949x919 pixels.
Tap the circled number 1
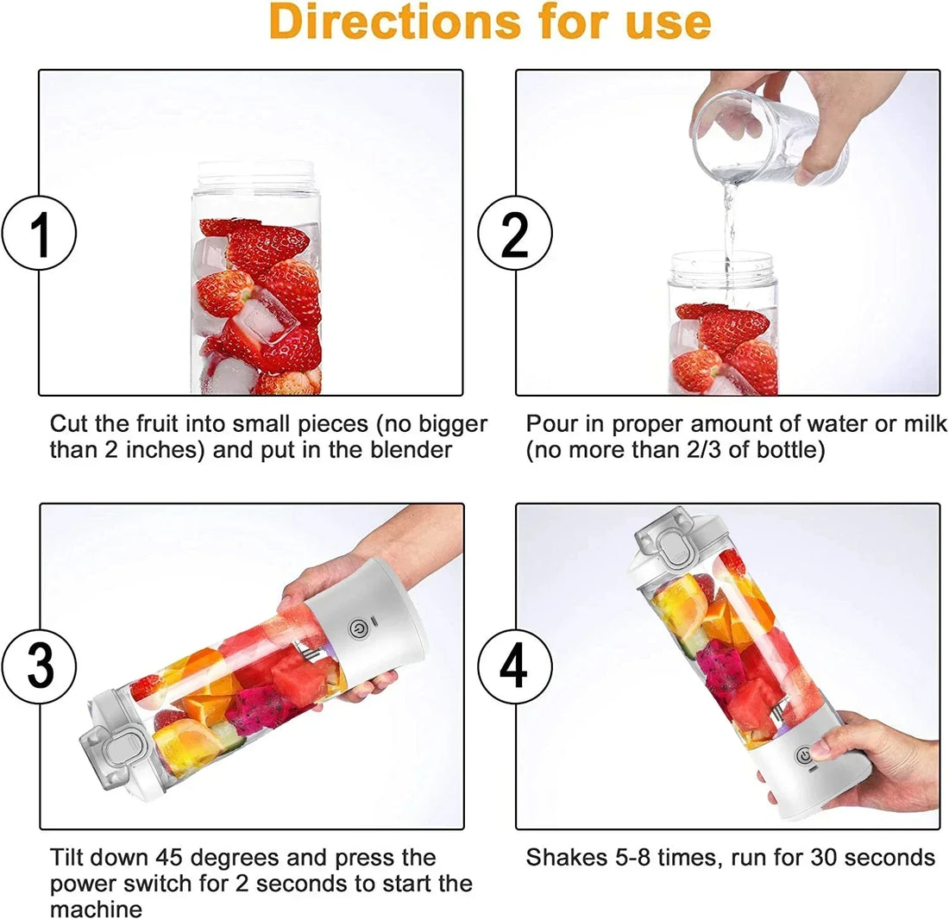[x=39, y=234]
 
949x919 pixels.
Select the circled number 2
[x=515, y=234]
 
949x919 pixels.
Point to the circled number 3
[x=39, y=666]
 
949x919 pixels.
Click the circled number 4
[x=515, y=666]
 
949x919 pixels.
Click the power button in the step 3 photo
[x=358, y=628]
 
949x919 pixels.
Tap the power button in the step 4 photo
[x=804, y=756]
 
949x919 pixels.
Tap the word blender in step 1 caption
[x=409, y=450]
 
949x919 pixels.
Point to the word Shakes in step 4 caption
[x=569, y=858]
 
